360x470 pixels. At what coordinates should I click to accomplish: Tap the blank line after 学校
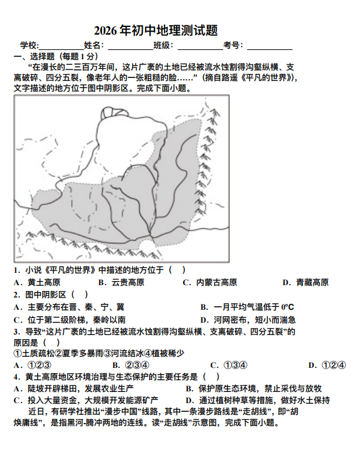[x=60, y=48]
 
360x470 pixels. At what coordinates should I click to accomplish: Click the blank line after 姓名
[x=130, y=48]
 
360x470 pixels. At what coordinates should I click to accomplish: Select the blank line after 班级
[x=200, y=48]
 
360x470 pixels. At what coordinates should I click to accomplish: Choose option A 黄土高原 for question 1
[x=36, y=283]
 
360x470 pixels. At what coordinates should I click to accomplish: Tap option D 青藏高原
[x=305, y=283]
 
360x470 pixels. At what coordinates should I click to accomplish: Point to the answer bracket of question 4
[x=211, y=376]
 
